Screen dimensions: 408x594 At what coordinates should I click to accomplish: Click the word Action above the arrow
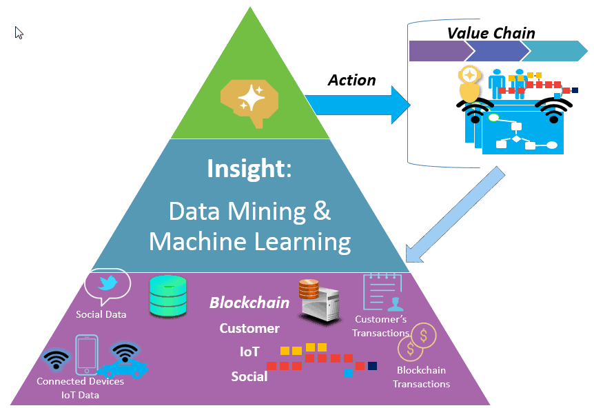[x=351, y=80]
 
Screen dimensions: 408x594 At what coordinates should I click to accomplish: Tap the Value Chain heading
[x=491, y=32]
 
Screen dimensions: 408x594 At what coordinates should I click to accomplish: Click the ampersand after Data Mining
[x=322, y=211]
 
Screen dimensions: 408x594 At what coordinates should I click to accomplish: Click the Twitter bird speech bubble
[x=107, y=285]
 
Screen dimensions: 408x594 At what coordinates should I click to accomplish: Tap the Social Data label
[x=101, y=314]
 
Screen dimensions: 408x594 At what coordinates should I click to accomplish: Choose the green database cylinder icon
[x=167, y=296]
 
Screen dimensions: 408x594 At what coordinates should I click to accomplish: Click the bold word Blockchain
[x=249, y=303]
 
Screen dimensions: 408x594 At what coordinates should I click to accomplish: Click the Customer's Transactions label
[x=380, y=326]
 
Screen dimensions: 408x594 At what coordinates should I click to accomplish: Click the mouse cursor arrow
[x=19, y=32]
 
